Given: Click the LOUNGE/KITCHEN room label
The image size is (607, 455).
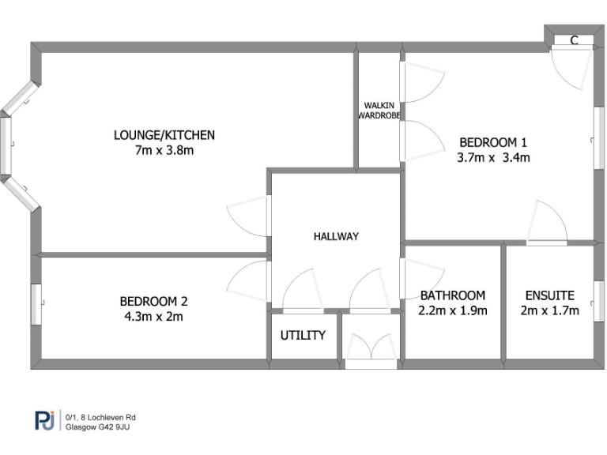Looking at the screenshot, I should point(164,135).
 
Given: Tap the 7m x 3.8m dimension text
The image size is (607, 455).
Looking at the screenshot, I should point(164,150).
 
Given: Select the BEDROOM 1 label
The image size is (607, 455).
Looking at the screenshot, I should point(492,142).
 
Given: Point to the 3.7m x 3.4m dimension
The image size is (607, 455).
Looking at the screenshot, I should point(492,157).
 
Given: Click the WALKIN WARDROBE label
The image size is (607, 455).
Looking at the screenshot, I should point(379,111).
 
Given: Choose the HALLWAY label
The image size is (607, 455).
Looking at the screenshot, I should point(336,236).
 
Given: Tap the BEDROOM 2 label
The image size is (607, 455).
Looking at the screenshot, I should point(153,301).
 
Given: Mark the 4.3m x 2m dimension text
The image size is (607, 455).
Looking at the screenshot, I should point(153,316).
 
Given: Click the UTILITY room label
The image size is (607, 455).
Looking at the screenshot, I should point(303,335).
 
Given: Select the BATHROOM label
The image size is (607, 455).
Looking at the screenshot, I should point(452,295).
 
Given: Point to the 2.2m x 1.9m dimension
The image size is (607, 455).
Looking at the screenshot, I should point(452,310).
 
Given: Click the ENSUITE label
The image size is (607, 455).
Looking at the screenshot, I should point(549,295).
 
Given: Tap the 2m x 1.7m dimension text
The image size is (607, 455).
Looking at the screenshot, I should point(549,310).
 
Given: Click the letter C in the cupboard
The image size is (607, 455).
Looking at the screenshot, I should point(575,40).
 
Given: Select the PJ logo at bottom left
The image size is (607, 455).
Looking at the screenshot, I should point(43,420).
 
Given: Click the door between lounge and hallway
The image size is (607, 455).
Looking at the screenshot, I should point(249,215).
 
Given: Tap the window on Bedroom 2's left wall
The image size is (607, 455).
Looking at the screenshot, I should point(36,303).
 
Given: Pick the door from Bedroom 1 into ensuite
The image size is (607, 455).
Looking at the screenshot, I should point(547,224).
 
